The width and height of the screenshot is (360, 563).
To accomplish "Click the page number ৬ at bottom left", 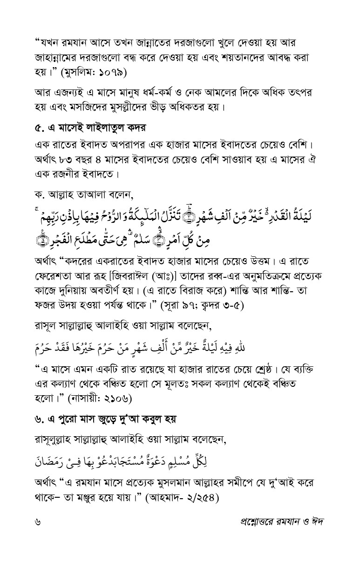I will click(38, 521).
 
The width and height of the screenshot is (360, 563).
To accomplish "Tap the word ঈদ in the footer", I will click(317, 521).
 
